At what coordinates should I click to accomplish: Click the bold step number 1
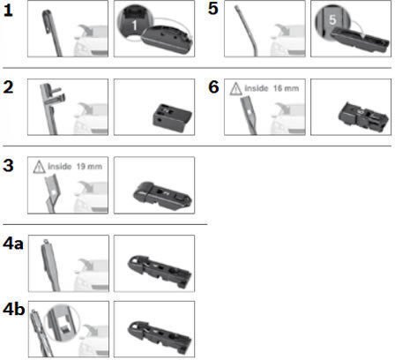pos(8,11)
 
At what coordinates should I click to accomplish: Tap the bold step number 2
pos(8,87)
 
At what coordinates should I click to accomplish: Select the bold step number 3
pos(8,165)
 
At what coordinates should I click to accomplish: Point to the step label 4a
pos(13,244)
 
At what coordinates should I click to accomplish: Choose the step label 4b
pos(13,310)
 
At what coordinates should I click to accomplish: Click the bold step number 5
pos(213,9)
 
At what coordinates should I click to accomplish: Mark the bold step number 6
pos(213,87)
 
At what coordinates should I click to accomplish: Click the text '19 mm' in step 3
pos(89,167)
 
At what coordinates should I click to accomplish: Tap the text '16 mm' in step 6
pos(286,88)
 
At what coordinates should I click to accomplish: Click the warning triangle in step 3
pos(39,167)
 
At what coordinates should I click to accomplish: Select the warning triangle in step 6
pos(235,89)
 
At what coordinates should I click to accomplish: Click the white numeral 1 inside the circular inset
pos(134,26)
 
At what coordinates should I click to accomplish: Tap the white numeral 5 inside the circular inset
pos(332,19)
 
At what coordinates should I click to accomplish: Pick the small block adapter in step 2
pos(172,117)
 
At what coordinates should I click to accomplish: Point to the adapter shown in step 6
pos(363,117)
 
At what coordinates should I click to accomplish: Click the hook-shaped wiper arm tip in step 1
pos(48,22)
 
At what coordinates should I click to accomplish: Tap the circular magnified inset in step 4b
pos(62,322)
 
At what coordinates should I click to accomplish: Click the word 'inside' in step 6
pos(257,88)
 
